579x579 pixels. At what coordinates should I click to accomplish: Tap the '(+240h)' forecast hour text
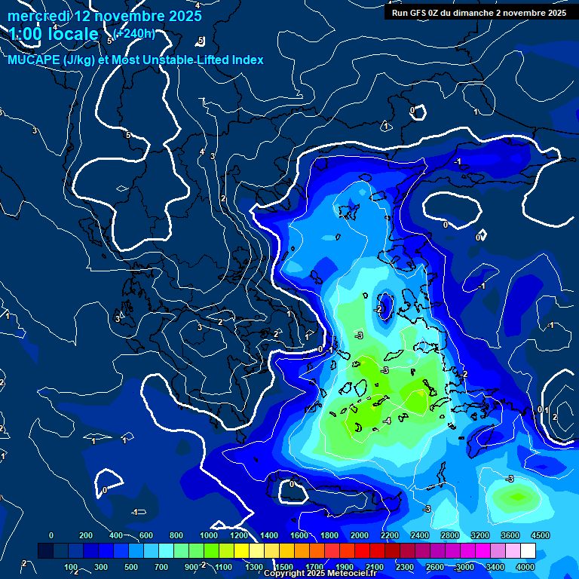click(x=134, y=33)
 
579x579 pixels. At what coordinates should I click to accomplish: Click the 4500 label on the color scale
click(x=540, y=535)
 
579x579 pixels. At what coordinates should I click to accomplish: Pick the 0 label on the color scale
click(x=51, y=535)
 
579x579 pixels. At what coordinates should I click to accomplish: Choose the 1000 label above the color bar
click(x=208, y=535)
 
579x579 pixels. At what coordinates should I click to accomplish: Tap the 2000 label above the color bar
click(x=360, y=535)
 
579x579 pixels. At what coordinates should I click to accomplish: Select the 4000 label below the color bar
click(x=525, y=567)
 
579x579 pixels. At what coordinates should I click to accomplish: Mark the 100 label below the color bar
click(x=72, y=567)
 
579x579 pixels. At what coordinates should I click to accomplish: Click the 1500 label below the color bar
click(x=284, y=567)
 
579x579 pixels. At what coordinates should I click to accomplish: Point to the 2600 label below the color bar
click(x=435, y=567)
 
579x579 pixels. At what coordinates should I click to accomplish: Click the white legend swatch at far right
click(x=528, y=551)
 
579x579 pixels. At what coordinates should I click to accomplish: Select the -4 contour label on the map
click(x=386, y=420)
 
